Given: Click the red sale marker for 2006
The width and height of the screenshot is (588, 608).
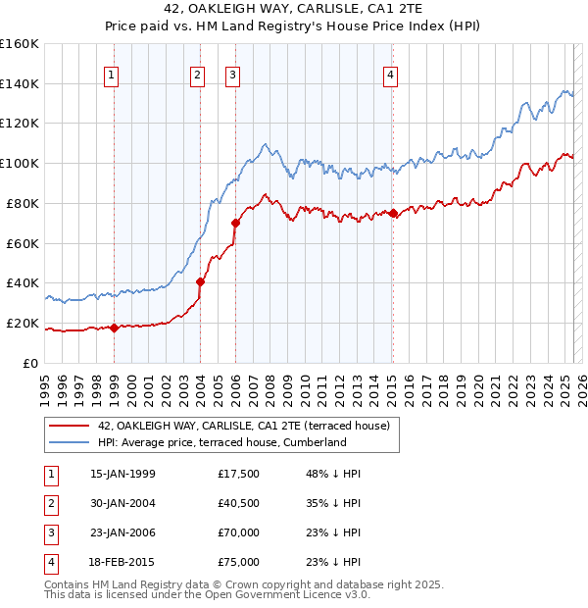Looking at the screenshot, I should (235, 223).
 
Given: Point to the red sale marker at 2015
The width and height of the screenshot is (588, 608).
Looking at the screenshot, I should (392, 213).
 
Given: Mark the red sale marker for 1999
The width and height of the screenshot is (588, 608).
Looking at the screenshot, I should (114, 328).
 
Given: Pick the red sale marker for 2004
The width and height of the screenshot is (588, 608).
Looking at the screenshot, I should (200, 281).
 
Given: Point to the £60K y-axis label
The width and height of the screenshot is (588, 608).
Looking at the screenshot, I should (23, 243).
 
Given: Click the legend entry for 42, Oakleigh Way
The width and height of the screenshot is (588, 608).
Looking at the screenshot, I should (244, 426).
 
